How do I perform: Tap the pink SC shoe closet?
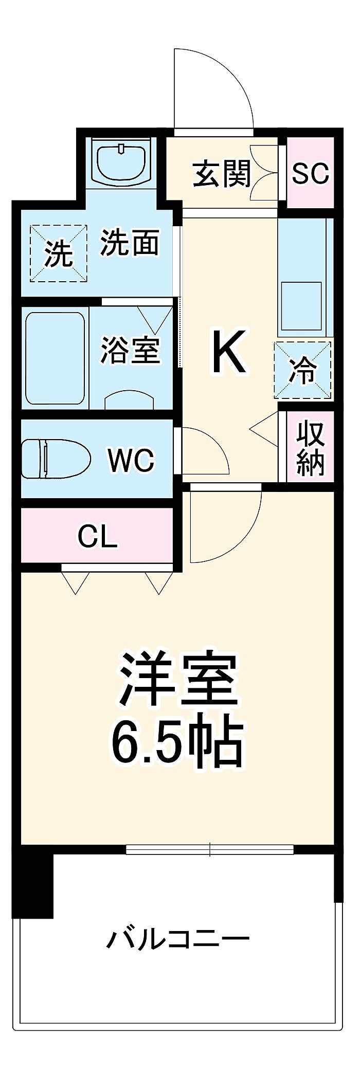tap(310, 173)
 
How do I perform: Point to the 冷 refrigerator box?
tap(302, 370)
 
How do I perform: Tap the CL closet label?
tap(98, 537)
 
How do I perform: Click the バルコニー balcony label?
tap(177, 940)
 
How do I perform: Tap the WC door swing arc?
tap(205, 450)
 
